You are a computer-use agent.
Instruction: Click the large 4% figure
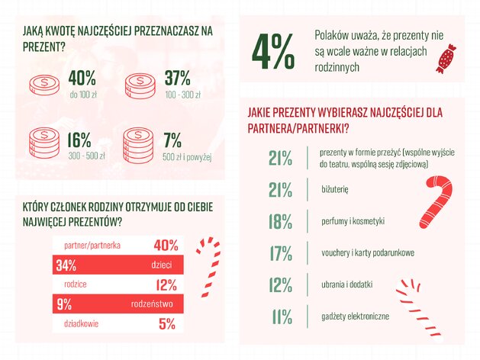273,51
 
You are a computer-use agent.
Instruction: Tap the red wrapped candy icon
446,59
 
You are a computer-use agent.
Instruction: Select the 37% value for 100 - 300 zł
178,79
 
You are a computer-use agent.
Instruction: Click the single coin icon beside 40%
44,85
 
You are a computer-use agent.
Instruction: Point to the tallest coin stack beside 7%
138,146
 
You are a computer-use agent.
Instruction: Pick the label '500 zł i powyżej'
187,157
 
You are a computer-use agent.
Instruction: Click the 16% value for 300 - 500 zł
79,140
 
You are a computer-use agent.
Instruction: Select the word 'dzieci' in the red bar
162,265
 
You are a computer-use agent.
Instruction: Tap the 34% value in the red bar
66,265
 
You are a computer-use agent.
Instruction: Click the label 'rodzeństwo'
152,304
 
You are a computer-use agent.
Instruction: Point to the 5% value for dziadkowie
167,323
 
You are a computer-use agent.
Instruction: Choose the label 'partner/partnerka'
92,246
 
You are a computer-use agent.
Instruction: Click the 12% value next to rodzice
166,284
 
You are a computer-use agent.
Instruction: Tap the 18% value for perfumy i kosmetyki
280,221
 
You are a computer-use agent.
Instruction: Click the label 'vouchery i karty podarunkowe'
368,252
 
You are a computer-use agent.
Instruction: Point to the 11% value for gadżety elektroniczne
282,317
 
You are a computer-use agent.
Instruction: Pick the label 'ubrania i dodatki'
347,284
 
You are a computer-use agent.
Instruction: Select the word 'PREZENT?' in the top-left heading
44,47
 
